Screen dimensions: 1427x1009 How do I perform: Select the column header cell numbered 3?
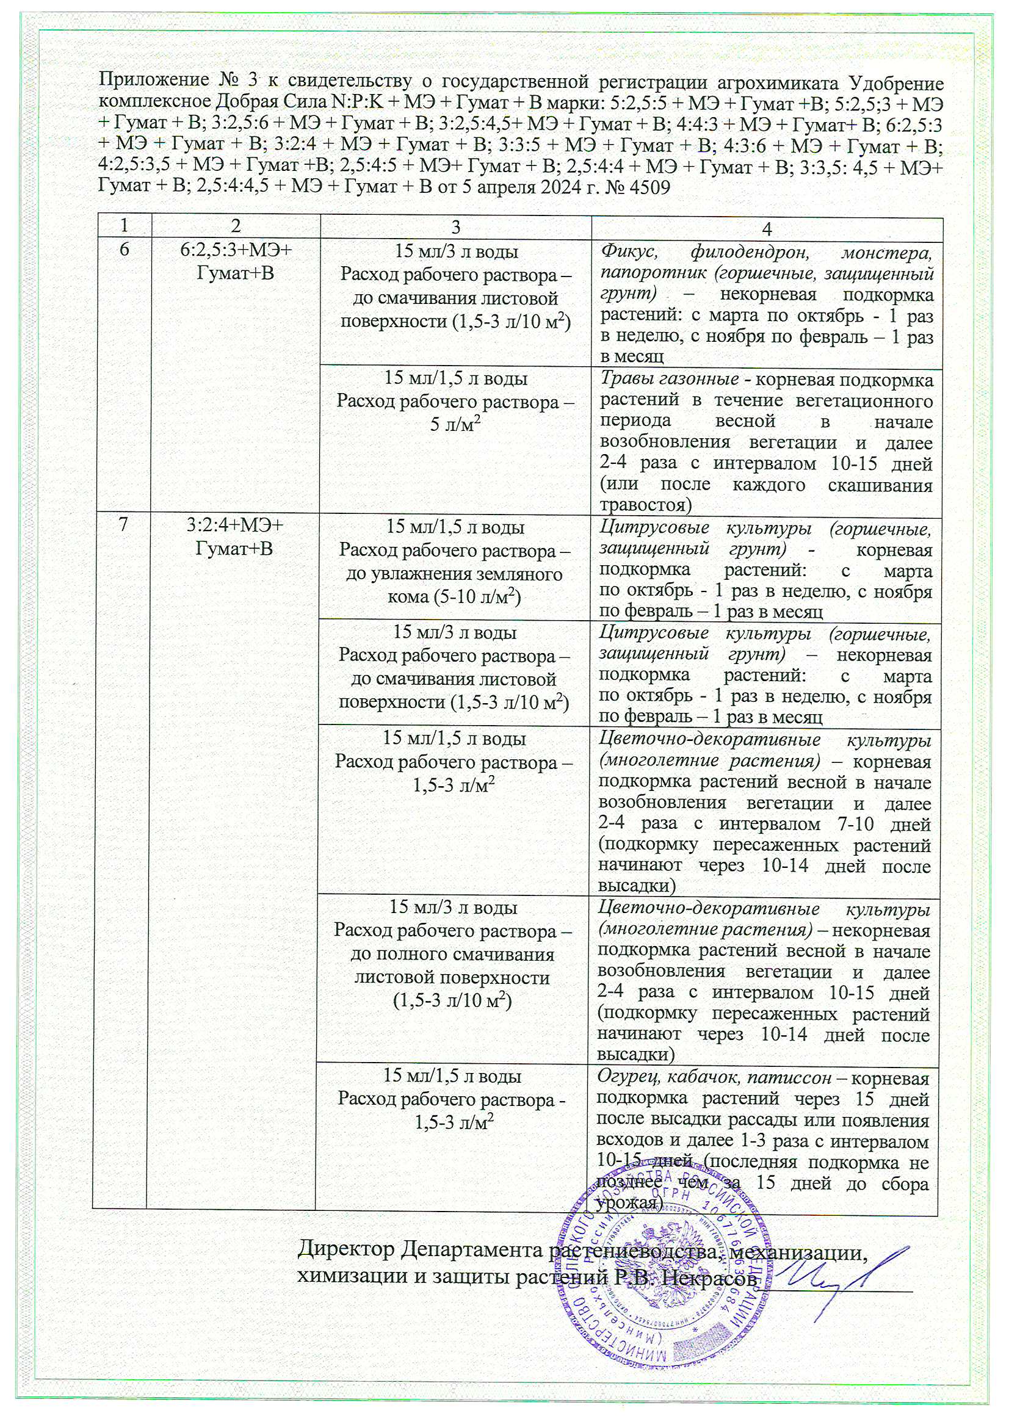[x=455, y=228]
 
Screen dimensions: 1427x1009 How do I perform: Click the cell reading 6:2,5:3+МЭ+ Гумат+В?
[x=235, y=261]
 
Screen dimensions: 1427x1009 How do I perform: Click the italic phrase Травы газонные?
[x=669, y=378]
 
